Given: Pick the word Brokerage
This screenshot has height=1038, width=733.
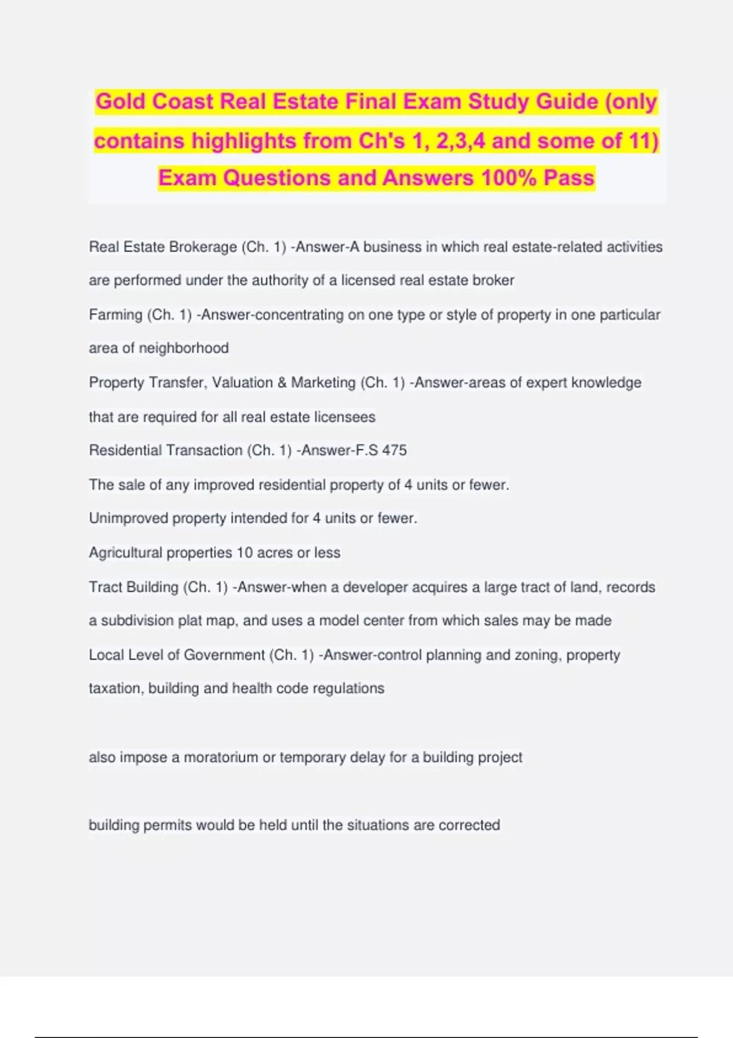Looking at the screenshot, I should point(203,247).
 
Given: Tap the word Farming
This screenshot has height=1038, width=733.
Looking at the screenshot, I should point(115,315).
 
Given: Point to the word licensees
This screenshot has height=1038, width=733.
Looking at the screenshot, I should point(345,417).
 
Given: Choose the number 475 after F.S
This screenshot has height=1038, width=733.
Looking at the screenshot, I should point(395,451).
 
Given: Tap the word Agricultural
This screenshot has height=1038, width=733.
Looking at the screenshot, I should point(125,553).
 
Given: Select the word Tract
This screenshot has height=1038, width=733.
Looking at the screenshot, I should point(104,587).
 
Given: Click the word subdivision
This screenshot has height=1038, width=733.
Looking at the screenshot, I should point(137,621).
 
